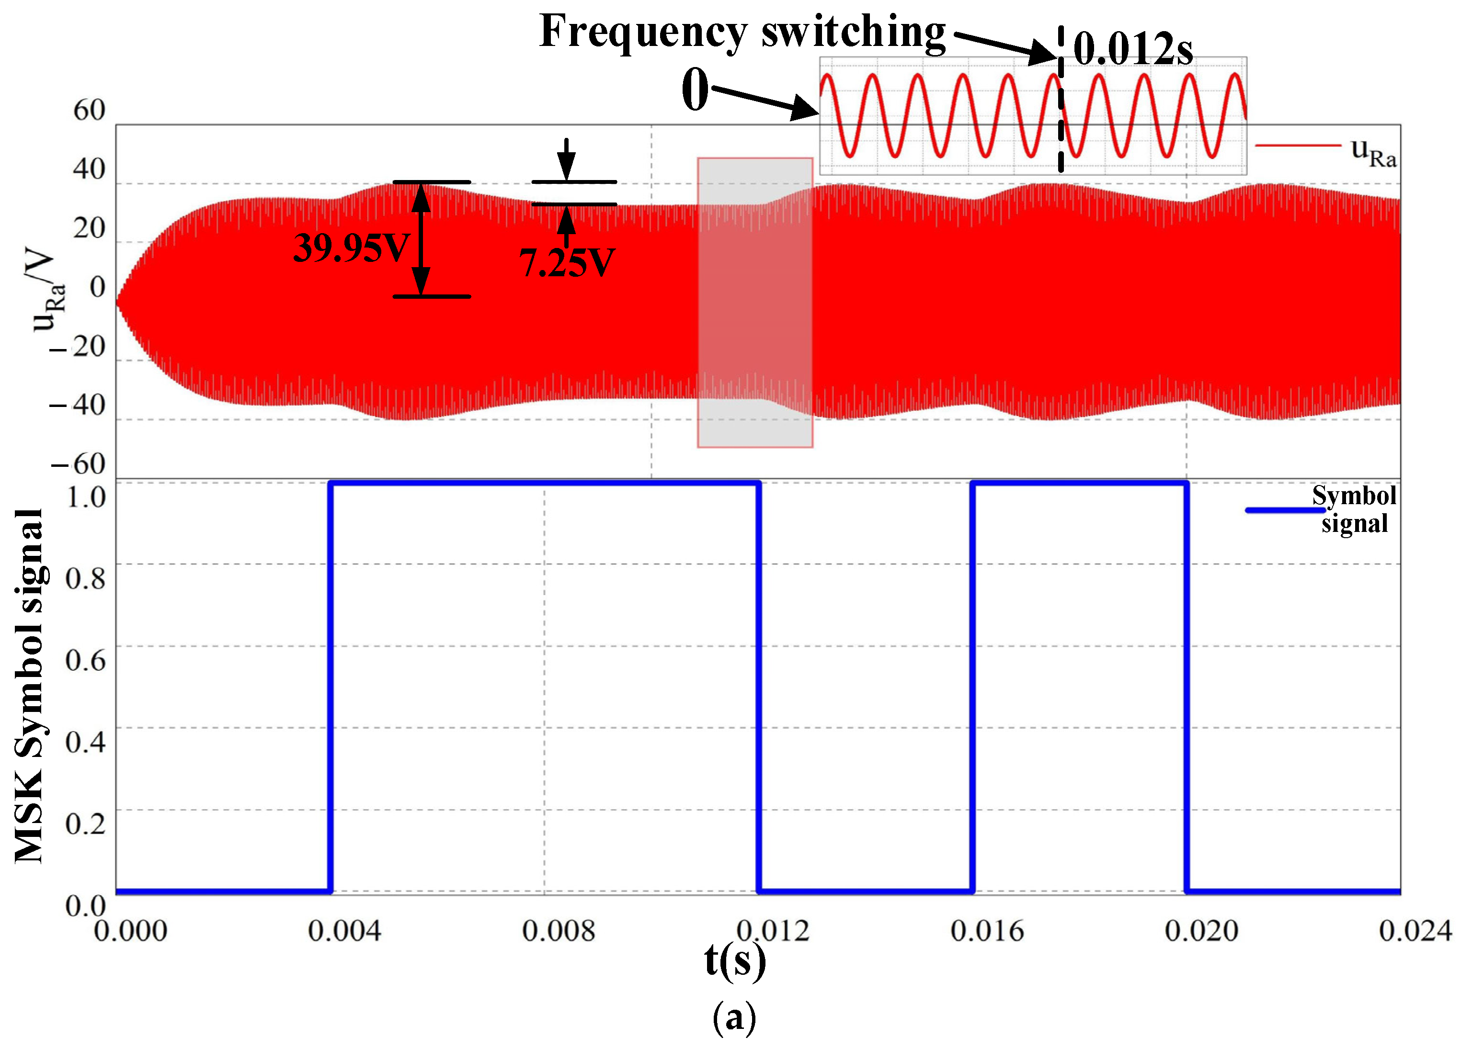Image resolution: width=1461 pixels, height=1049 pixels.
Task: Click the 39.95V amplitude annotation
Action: [351, 248]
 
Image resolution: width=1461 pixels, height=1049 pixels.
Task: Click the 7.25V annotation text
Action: [567, 263]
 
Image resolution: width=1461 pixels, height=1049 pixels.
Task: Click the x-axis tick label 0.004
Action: [344, 931]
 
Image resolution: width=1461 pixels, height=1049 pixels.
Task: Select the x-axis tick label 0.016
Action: [987, 931]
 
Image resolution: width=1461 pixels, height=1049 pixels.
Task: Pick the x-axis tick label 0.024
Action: [1415, 931]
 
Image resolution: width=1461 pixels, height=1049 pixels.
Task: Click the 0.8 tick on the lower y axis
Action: [85, 578]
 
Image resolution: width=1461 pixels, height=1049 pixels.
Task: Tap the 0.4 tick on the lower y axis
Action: [85, 742]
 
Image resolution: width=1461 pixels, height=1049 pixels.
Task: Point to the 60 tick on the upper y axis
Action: [89, 110]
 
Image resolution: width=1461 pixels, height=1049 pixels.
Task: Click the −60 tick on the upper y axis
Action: [78, 463]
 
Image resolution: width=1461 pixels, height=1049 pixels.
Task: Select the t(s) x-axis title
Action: [735, 961]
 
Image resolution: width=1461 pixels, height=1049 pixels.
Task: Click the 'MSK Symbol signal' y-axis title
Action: [29, 686]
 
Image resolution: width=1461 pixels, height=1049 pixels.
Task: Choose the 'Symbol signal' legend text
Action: [1354, 509]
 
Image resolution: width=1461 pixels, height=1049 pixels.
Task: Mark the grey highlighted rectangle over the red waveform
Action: [755, 303]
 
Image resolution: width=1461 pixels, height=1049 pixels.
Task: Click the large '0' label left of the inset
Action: [695, 90]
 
